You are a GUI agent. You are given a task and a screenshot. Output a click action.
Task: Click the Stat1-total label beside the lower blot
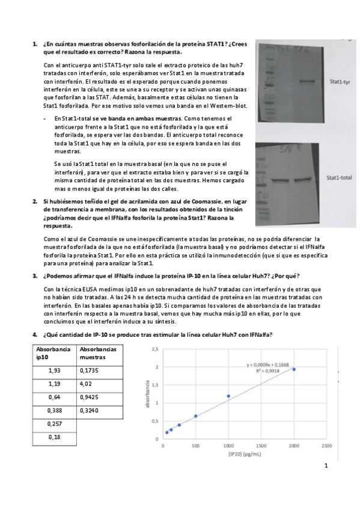[x=340, y=178]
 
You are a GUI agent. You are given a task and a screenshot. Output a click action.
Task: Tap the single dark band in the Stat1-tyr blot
[x=307, y=81]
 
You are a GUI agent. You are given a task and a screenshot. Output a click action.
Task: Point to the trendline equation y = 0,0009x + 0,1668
[x=269, y=364]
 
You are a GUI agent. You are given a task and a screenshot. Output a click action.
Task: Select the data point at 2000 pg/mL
[x=294, y=369]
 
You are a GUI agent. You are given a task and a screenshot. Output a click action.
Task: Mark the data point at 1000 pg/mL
[x=228, y=396]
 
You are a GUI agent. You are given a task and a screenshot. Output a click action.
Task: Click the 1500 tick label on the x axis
[x=261, y=446]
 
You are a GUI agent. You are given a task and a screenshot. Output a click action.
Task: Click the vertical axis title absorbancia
[x=147, y=393]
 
